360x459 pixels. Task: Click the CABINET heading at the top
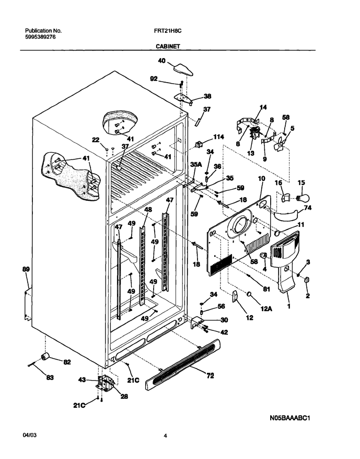click(x=168, y=46)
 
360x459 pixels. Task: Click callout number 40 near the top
click(x=161, y=61)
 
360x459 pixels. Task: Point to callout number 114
click(x=218, y=136)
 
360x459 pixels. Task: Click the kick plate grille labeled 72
click(x=183, y=364)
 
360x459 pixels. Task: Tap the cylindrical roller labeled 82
click(x=45, y=357)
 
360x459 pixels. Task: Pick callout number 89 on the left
click(x=26, y=269)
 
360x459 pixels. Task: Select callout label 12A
click(x=266, y=308)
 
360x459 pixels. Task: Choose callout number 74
click(x=308, y=208)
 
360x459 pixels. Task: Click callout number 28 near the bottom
click(x=124, y=396)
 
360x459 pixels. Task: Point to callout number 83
click(x=50, y=377)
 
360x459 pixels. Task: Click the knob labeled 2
click(x=307, y=280)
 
